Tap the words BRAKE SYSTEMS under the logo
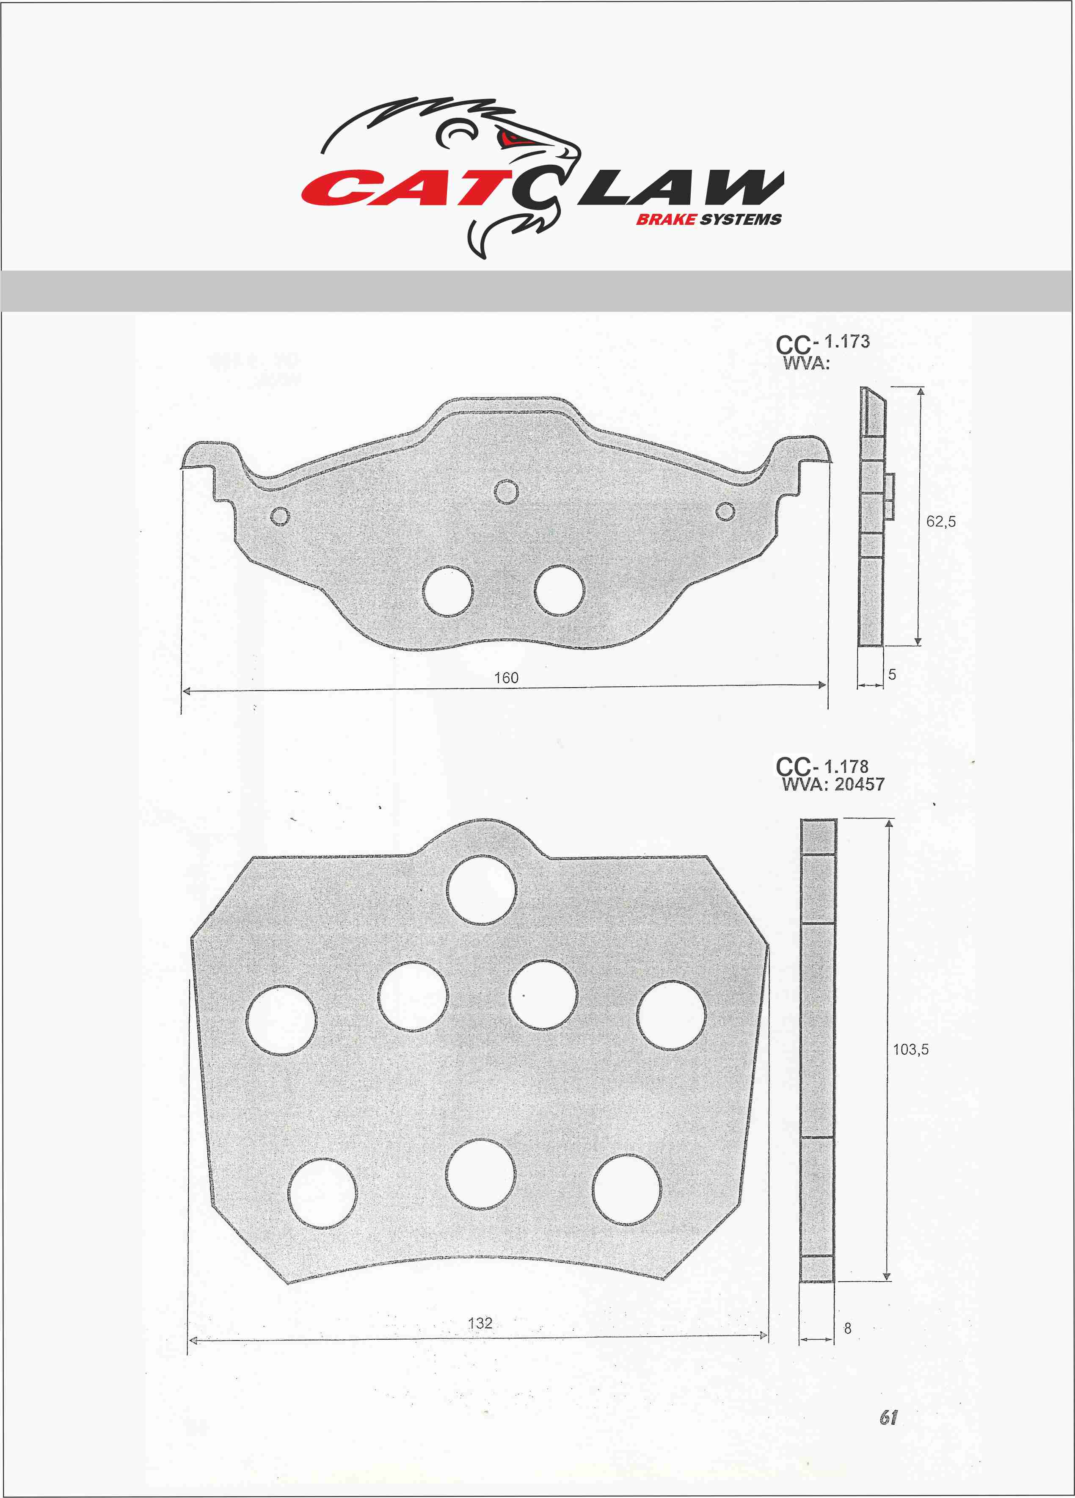click(x=708, y=220)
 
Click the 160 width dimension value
click(x=507, y=678)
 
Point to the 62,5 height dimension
click(x=941, y=522)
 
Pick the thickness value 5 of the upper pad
click(x=892, y=674)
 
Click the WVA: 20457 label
click(x=832, y=785)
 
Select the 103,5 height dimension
click(x=911, y=1050)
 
